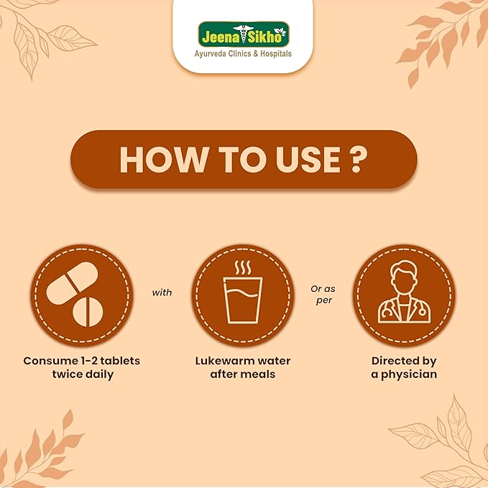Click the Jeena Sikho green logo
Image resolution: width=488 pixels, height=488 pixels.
(x=244, y=34)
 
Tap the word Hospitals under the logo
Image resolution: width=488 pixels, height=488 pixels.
(x=276, y=53)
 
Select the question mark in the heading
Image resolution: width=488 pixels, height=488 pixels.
(x=356, y=160)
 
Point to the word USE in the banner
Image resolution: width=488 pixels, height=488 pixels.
(x=308, y=160)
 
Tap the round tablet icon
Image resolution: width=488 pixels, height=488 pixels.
(x=88, y=311)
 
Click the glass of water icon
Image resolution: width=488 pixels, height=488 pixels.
(x=243, y=300)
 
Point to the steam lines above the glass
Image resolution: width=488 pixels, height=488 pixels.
(x=243, y=267)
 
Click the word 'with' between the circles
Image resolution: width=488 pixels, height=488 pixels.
(x=162, y=293)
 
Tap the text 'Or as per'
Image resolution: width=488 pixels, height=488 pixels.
(x=323, y=295)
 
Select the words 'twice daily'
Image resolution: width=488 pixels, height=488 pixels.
(x=83, y=374)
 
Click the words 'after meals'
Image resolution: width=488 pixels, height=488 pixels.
(x=243, y=374)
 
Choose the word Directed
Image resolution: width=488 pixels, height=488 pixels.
(x=395, y=361)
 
